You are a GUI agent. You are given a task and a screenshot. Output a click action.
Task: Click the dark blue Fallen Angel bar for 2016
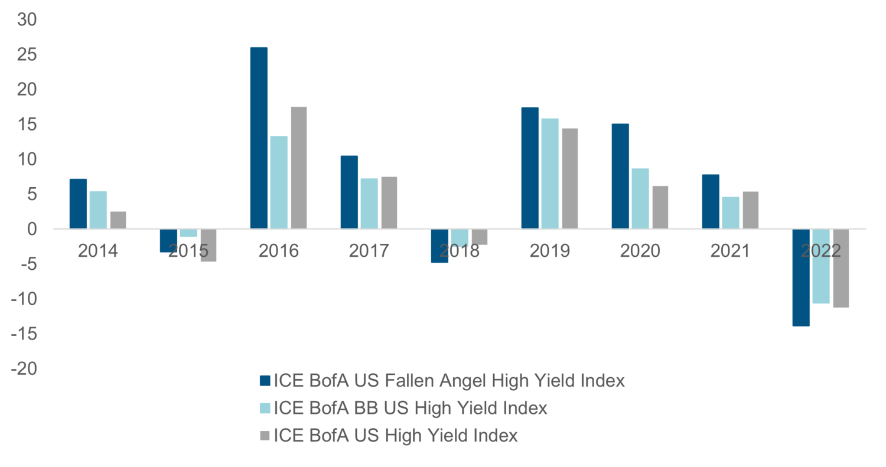coord(259,138)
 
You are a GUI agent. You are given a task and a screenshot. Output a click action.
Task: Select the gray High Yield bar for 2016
coord(299,168)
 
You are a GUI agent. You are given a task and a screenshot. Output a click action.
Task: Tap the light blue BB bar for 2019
coord(550,174)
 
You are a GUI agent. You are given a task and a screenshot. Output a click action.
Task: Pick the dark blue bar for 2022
coord(801,277)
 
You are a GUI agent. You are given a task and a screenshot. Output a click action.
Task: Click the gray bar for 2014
coord(118,220)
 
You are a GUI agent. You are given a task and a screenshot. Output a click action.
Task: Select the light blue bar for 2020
coord(640,198)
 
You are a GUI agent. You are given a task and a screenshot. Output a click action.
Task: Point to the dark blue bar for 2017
coord(349,192)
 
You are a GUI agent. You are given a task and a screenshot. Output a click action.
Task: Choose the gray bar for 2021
coord(751,210)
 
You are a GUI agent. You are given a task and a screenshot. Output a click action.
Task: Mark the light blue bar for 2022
coord(821,266)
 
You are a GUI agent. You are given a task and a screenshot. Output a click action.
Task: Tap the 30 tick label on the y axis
coord(25,20)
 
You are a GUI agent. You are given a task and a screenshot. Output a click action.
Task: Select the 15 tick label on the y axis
coord(25,125)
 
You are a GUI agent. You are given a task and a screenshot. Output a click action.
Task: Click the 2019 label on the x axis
coord(550,251)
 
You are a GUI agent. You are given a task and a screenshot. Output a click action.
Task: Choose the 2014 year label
coord(98,251)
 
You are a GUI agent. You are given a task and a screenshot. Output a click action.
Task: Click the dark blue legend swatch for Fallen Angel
coord(265,381)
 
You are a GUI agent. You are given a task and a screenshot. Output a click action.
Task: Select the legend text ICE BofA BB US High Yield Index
coord(410,408)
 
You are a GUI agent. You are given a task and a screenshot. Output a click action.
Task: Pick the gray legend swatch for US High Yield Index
coord(265,436)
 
